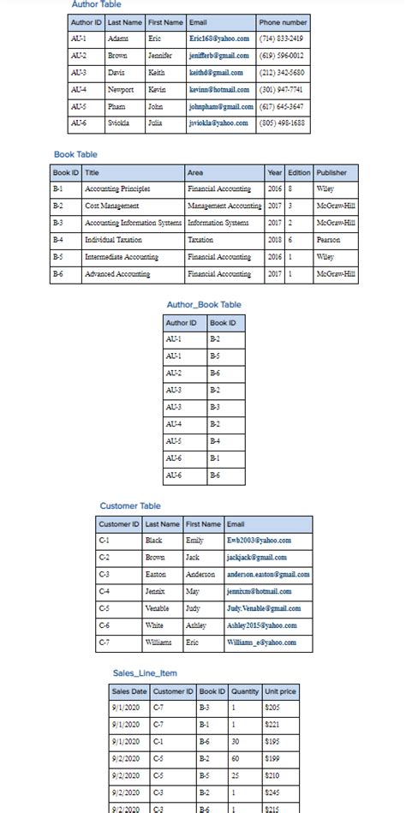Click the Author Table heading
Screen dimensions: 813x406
pos(95,5)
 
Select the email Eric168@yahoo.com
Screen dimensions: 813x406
pos(219,39)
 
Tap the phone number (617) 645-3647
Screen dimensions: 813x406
pos(281,107)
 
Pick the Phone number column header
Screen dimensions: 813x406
pos(283,22)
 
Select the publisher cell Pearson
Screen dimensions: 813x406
pos(328,240)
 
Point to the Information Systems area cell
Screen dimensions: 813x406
pos(218,223)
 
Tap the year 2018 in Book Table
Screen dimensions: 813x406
pos(274,240)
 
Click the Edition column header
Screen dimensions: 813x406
pos(299,172)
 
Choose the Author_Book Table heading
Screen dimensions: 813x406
pos(204,305)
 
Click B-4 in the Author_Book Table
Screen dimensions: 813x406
pos(216,441)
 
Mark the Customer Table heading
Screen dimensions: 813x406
pos(129,506)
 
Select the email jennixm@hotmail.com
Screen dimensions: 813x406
pos(259,592)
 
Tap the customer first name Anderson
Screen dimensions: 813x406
pos(200,575)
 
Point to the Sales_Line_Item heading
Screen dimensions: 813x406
pos(145,673)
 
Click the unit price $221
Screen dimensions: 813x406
pos(273,724)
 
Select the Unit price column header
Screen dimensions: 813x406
pos(280,690)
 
